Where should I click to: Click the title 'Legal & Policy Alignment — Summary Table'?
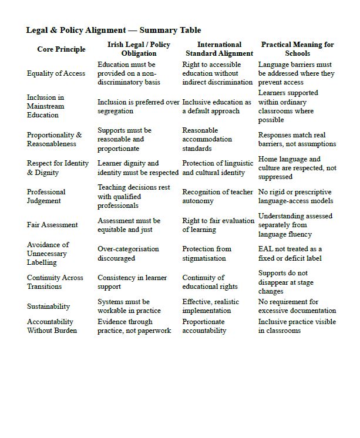[x=113, y=30]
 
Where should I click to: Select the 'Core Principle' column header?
[x=61, y=49]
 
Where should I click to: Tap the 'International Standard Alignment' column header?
[x=219, y=49]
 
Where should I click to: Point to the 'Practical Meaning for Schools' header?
[x=297, y=49]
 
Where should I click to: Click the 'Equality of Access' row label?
[x=56, y=73]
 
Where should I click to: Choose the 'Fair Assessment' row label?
[x=52, y=225]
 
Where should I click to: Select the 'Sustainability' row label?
[x=48, y=306]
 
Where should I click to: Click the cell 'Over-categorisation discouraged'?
[x=128, y=254]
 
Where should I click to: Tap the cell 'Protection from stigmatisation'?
[x=207, y=254]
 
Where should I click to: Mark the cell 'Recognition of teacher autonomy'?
[x=217, y=196]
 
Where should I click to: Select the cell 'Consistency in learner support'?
[x=132, y=282]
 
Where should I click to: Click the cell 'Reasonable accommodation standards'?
[x=207, y=139]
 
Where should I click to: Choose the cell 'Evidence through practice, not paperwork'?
[x=134, y=326]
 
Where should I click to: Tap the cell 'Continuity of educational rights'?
[x=210, y=282]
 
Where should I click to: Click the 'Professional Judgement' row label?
[x=46, y=196]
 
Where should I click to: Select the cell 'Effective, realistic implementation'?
[x=211, y=306]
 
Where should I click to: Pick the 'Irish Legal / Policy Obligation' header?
[x=139, y=49]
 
